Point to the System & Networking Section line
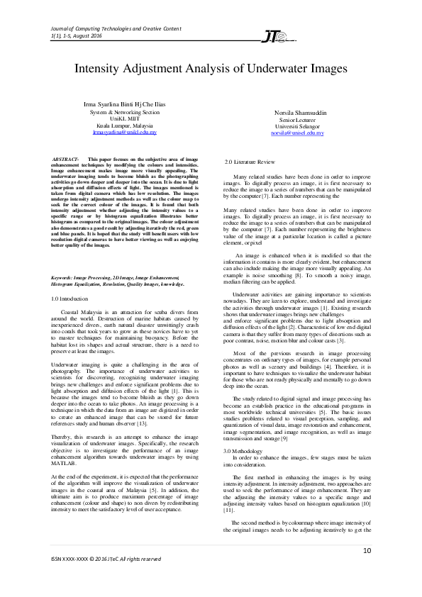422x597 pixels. [124, 112]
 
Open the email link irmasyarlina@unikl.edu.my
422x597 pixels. [124, 133]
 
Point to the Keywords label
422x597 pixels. [66, 277]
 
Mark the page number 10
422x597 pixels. [367, 551]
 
